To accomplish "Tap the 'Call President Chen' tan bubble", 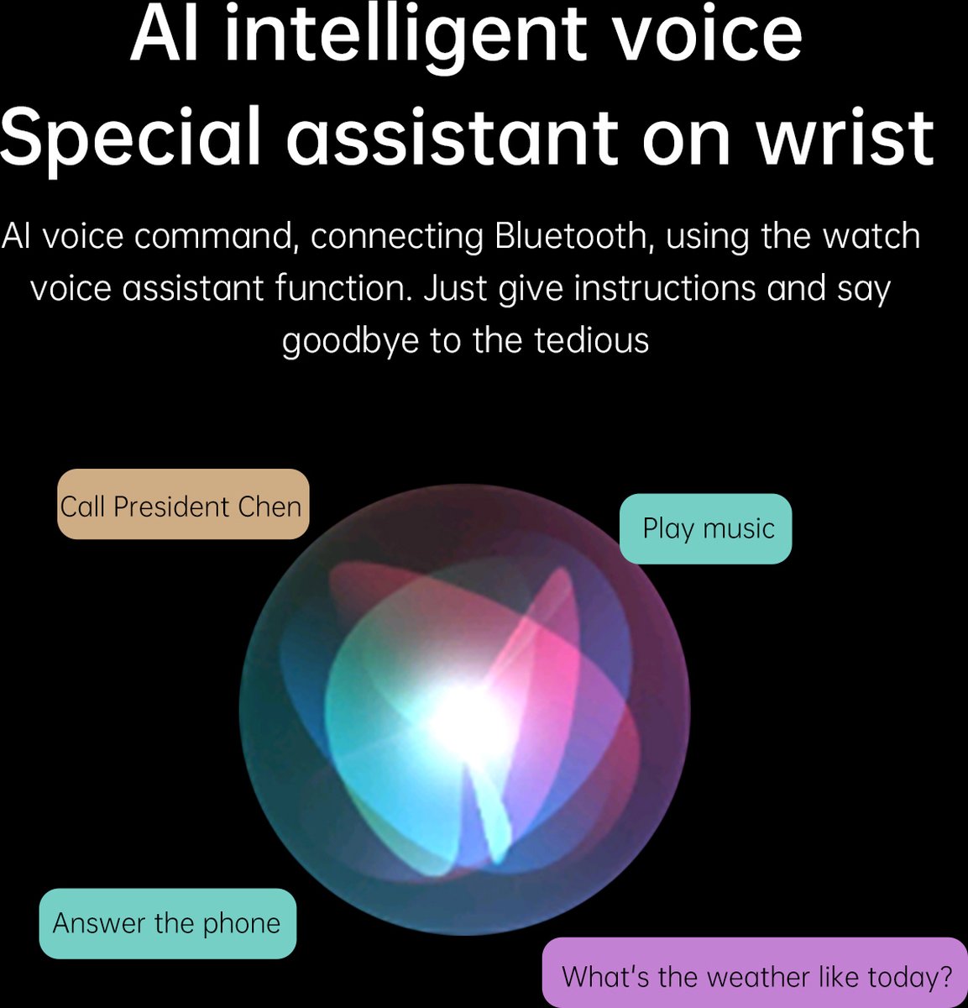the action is coord(183,504).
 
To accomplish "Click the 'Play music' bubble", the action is coord(705,528).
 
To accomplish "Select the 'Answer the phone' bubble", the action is coord(168,923).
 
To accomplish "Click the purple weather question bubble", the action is coord(755,973).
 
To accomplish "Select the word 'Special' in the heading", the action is coord(130,139).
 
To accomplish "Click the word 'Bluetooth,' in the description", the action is coord(570,236).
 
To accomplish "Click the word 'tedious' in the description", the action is coord(591,340).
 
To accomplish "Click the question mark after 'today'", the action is coord(945,976).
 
